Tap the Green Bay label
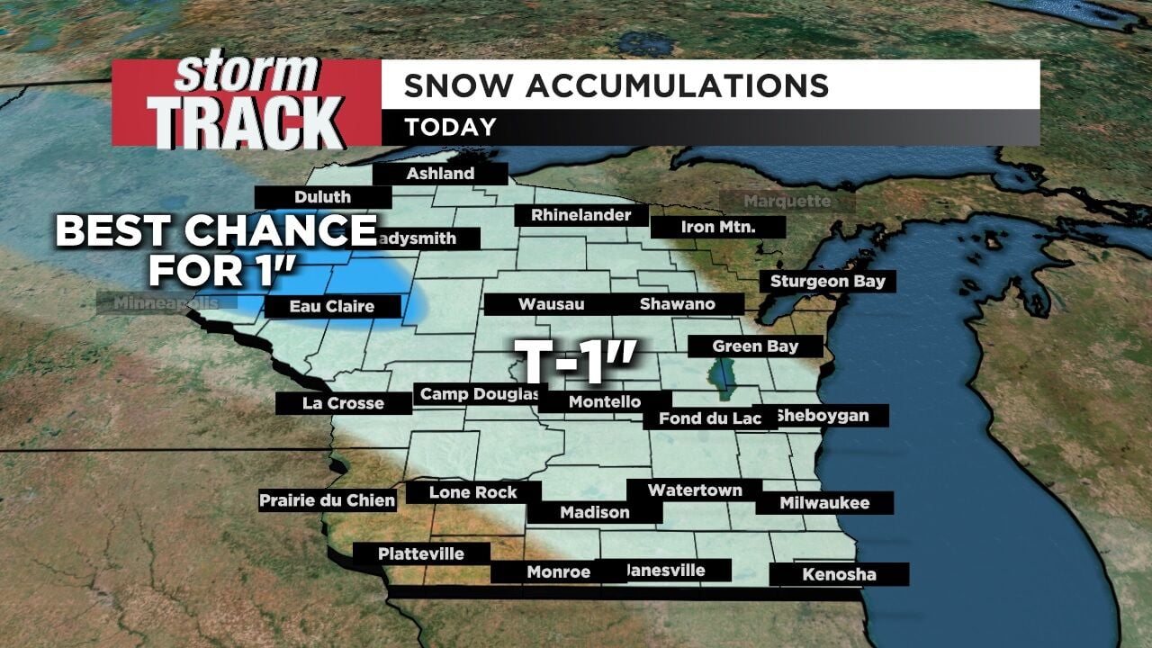click(x=742, y=346)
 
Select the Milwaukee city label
click(x=824, y=503)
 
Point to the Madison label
click(x=594, y=512)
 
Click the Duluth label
click(x=322, y=197)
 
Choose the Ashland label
click(x=440, y=174)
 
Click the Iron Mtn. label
click(x=717, y=228)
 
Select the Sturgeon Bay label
click(x=827, y=282)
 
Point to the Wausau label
click(x=551, y=305)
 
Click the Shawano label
click(x=677, y=304)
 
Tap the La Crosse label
click(x=343, y=403)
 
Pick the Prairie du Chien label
click(x=328, y=500)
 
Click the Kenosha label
click(x=839, y=574)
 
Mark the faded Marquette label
click(x=787, y=202)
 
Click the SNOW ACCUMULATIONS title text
click(x=616, y=85)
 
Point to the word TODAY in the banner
click(x=450, y=128)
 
